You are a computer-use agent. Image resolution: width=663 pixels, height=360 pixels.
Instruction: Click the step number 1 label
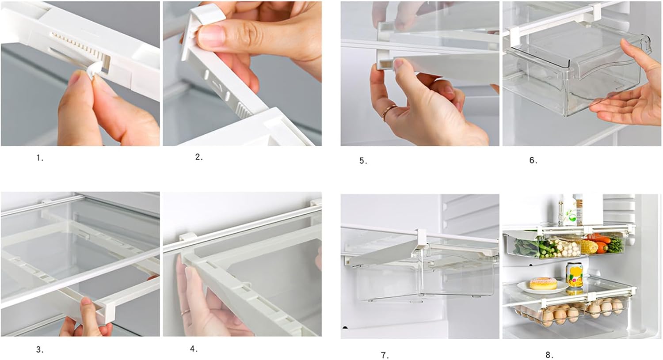point(40,158)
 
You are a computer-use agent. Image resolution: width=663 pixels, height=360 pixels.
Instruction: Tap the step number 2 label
point(199,157)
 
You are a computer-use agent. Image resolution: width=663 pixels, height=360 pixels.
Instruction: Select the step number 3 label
point(40,350)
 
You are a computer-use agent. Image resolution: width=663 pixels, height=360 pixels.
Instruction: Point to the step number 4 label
point(194,349)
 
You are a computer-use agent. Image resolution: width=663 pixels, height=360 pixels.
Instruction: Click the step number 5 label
point(363,161)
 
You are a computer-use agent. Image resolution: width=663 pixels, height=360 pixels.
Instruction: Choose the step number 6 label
point(533,161)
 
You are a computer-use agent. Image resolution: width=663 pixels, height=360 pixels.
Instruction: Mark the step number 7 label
point(385,356)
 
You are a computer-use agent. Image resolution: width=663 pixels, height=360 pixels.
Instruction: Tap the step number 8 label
point(549,355)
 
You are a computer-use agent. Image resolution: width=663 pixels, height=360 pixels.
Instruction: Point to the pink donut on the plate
point(543,283)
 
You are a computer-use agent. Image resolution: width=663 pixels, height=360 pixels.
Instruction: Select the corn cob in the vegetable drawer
point(589,247)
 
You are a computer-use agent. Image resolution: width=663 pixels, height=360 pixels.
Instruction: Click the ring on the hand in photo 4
point(186,312)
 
